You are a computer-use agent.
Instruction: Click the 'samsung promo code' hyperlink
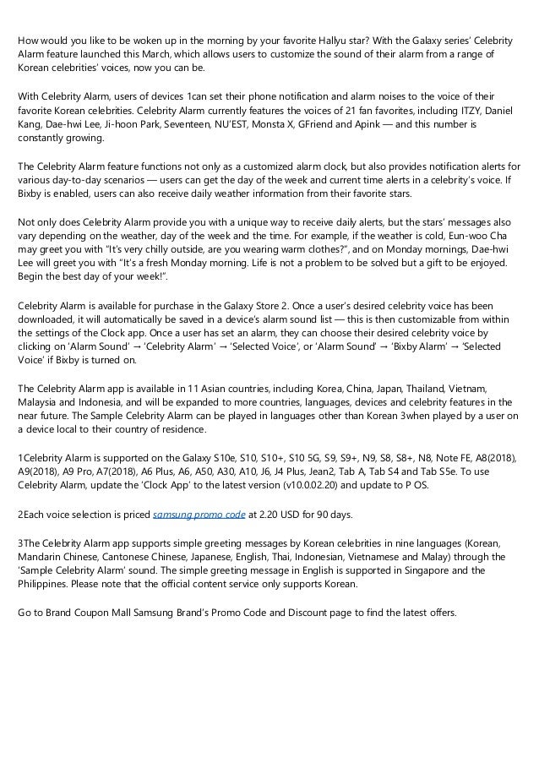[x=199, y=514]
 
